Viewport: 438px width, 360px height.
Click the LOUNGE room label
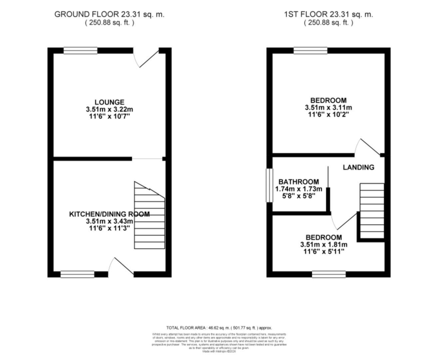coord(109,102)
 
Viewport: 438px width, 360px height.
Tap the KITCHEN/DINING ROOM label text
coord(109,214)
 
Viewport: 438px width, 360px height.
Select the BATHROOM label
coord(298,182)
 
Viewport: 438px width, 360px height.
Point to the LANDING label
coord(358,167)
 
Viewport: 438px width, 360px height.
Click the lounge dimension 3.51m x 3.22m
coord(109,109)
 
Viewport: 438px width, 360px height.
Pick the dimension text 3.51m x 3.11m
coord(328,108)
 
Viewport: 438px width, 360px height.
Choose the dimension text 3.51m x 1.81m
coord(323,244)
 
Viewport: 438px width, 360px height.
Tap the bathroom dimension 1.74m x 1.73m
coord(298,189)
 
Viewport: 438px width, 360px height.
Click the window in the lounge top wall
coord(80,51)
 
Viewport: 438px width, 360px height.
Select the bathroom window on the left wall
coord(269,185)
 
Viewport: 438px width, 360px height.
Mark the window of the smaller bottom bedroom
coord(328,274)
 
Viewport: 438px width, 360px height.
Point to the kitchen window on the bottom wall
coord(77,274)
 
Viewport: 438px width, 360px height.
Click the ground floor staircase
coord(150,217)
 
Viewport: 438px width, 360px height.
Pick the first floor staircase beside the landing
coord(372,211)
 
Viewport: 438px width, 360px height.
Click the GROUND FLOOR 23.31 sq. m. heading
coord(109,14)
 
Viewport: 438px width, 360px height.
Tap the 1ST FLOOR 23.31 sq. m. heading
coord(328,14)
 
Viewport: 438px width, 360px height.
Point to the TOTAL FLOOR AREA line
coord(219,328)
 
